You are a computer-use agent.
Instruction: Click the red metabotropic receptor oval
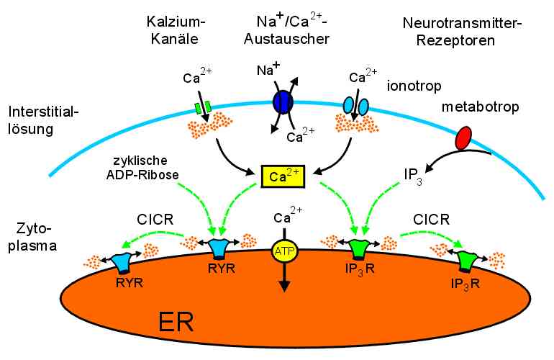(x=464, y=137)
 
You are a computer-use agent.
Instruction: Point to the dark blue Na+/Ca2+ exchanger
(x=282, y=102)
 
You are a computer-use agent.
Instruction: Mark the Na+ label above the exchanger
(x=268, y=71)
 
